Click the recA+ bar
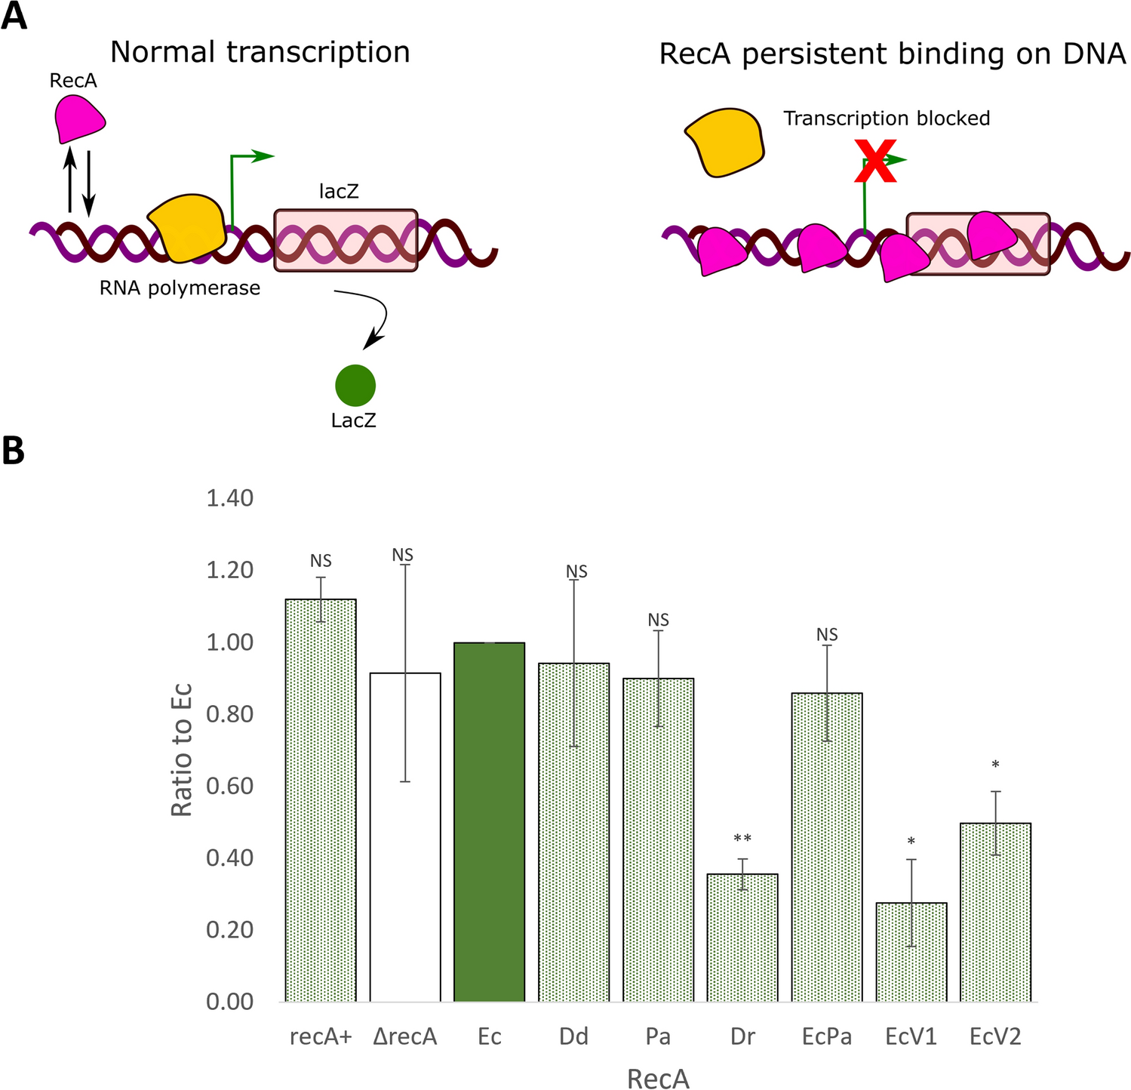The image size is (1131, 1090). (x=321, y=800)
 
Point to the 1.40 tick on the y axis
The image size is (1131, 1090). (x=230, y=498)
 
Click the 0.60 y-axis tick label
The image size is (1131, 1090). (x=230, y=786)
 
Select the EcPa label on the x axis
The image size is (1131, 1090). (x=827, y=1037)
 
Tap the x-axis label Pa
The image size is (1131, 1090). (x=658, y=1037)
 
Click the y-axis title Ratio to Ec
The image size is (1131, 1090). (x=181, y=750)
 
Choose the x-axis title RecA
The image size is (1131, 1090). (x=658, y=1079)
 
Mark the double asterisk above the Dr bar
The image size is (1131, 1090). (x=742, y=839)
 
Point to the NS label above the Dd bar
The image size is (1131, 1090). (x=576, y=572)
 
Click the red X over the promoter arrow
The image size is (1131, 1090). (x=874, y=161)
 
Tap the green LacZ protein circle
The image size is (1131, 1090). (x=355, y=385)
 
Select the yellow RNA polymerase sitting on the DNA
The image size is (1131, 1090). (x=187, y=226)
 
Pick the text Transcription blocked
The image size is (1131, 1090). (x=887, y=119)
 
